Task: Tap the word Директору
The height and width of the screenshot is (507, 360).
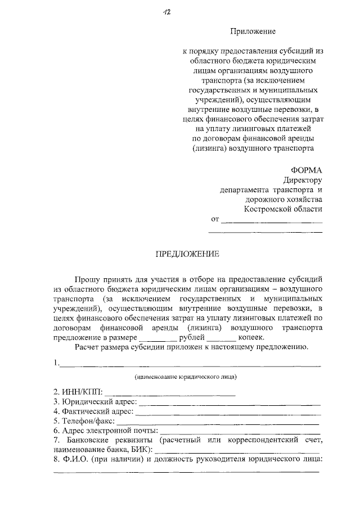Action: pyautogui.click(x=303, y=180)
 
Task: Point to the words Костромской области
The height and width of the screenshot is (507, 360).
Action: pyautogui.click(x=283, y=209)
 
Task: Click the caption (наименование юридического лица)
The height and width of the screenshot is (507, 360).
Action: pyautogui.click(x=186, y=376)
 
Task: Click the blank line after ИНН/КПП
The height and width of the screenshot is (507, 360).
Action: pyautogui.click(x=170, y=392)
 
